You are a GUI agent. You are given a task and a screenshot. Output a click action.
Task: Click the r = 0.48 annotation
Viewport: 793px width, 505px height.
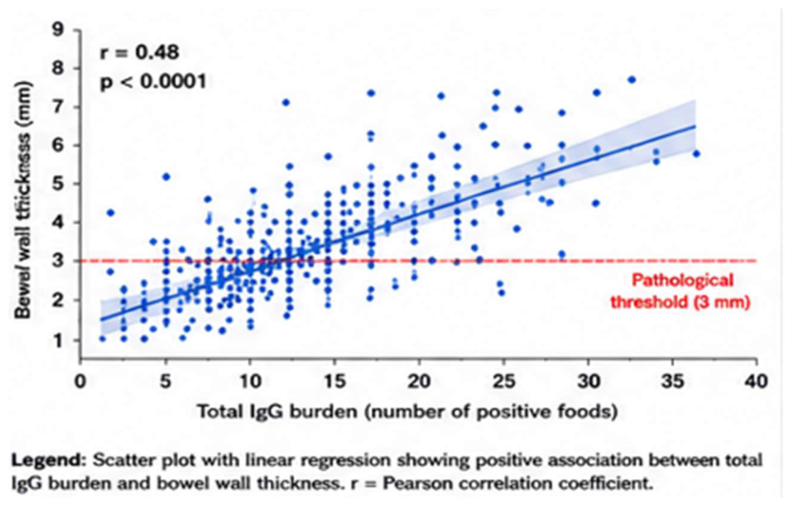pos(140,52)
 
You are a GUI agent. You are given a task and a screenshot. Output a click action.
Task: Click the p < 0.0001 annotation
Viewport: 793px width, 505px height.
pos(154,81)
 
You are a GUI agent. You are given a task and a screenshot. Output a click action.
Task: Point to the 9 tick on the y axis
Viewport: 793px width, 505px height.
pos(58,29)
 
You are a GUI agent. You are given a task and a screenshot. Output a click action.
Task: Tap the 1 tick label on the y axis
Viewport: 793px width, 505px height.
pos(59,340)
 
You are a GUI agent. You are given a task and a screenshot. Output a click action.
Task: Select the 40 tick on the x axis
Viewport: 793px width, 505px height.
pos(756,380)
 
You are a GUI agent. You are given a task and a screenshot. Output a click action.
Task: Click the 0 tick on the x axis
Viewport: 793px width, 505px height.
pos(80,380)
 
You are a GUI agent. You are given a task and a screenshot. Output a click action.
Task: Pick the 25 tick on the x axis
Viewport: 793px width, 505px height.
pos(504,380)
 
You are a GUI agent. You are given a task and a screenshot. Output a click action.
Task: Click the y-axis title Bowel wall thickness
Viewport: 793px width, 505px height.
pos(23,200)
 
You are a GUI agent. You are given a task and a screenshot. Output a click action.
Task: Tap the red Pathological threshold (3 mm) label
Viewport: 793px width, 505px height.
pos(680,291)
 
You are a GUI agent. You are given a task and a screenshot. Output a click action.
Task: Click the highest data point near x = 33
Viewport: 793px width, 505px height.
pos(631,80)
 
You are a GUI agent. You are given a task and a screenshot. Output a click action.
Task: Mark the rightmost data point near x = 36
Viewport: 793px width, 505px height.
pos(697,154)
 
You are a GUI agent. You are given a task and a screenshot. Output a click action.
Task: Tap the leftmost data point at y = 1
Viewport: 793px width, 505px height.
pos(103,339)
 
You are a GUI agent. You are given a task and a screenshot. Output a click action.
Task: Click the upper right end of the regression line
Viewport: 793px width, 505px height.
pos(696,126)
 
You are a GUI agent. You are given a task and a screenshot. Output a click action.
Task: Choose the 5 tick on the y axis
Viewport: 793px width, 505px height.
pos(58,183)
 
